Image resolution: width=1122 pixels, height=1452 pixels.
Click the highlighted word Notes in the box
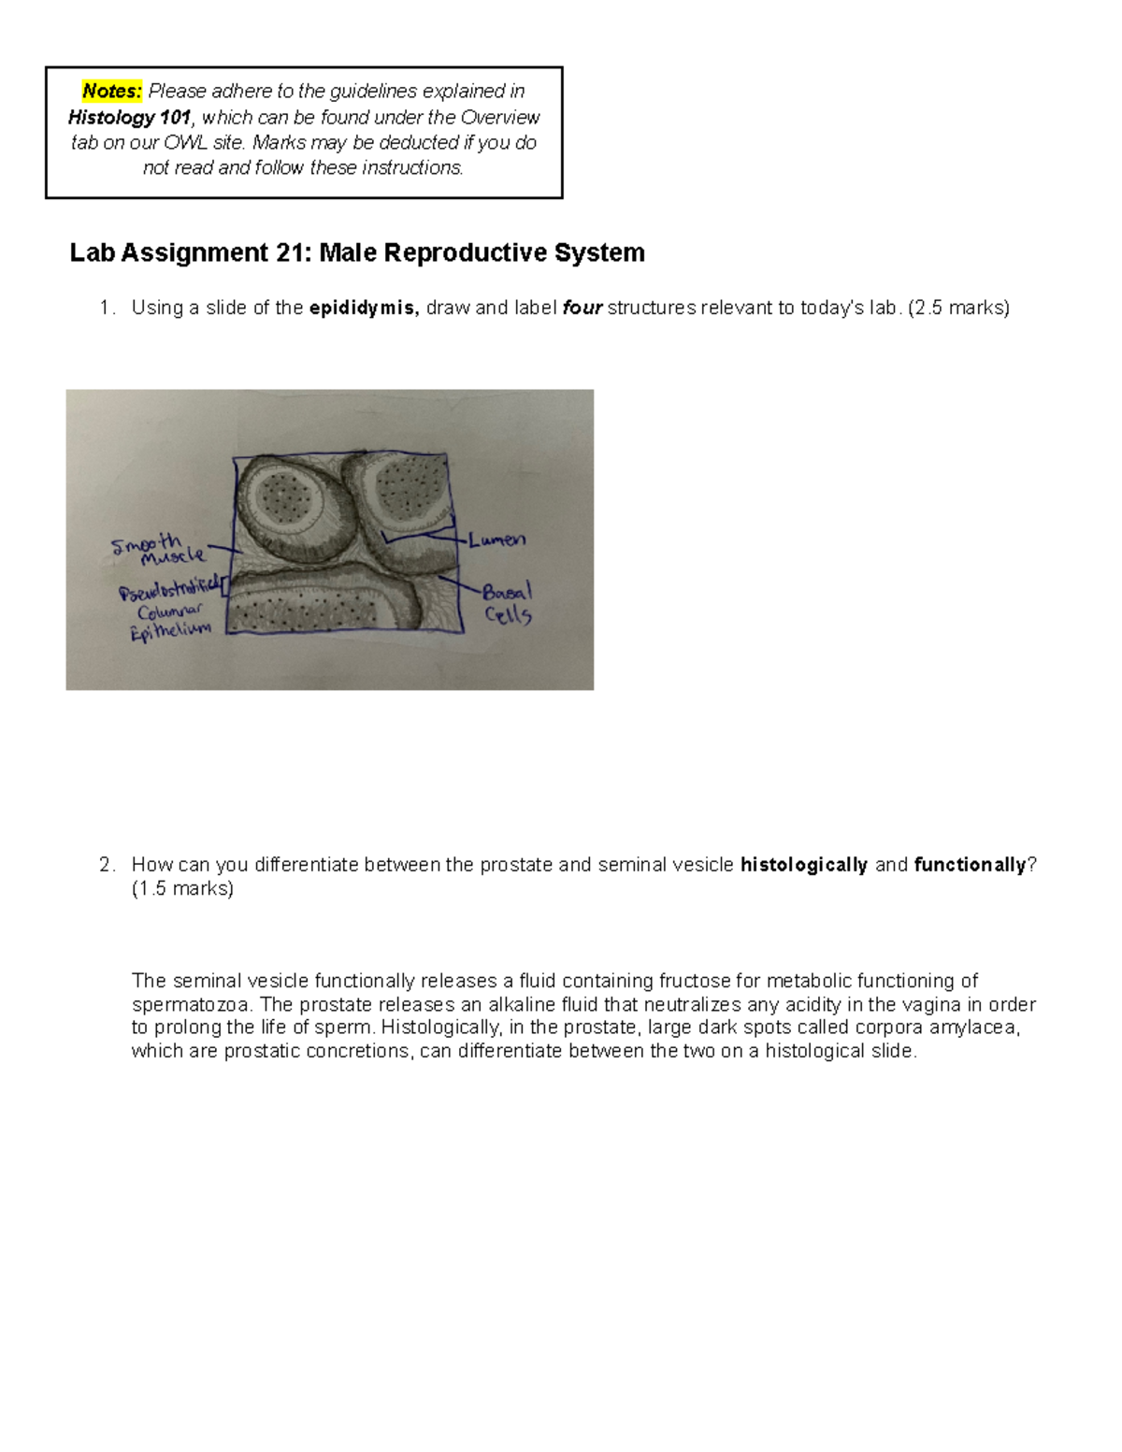tap(112, 92)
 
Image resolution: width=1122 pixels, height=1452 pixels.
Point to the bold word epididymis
tap(364, 309)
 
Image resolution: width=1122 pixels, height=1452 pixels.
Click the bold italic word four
tap(582, 309)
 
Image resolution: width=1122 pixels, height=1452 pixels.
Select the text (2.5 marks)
tap(958, 309)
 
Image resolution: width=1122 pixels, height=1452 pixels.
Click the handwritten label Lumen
tap(497, 540)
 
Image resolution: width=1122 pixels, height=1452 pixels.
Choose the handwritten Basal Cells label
tap(507, 604)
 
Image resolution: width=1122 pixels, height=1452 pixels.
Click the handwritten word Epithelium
tap(171, 633)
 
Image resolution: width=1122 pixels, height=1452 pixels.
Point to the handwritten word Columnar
tap(168, 611)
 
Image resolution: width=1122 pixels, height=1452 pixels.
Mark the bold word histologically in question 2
tap(804, 866)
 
